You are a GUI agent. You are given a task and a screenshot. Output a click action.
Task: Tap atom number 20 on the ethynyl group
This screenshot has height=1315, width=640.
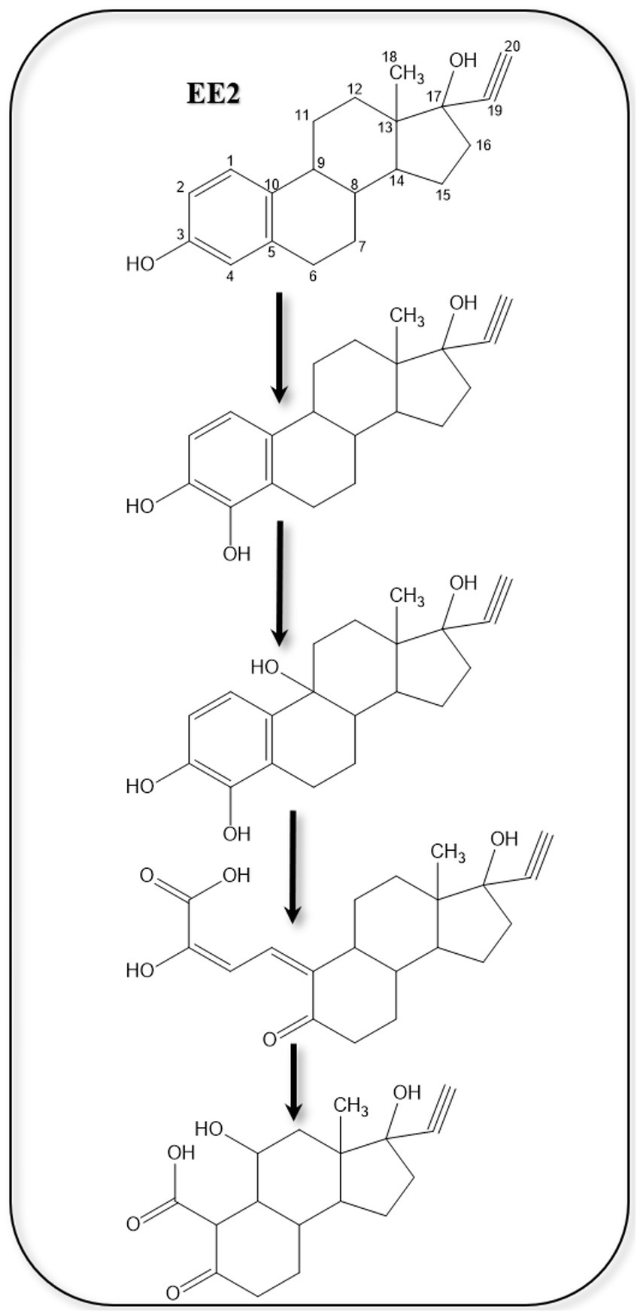[x=511, y=47]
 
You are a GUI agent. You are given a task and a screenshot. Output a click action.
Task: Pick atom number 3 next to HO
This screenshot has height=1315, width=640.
[x=180, y=234]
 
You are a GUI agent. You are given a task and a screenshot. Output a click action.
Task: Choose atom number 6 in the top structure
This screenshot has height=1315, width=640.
[x=313, y=276]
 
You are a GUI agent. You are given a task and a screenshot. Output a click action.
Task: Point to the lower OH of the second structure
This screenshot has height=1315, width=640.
[x=236, y=554]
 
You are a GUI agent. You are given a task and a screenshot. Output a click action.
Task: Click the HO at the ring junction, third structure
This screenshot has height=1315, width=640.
[x=266, y=667]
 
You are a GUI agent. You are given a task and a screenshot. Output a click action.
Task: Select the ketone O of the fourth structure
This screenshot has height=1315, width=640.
[x=270, y=1040]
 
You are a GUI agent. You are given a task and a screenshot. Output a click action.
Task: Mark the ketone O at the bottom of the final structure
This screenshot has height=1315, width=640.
[x=172, y=1293]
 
